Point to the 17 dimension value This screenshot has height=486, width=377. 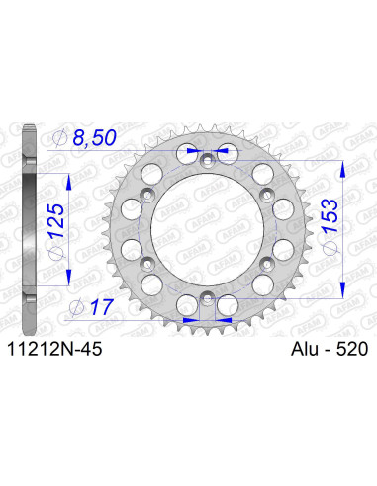[97, 306]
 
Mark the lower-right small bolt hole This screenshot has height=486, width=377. [268, 261]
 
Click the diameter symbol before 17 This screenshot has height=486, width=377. [77, 306]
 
